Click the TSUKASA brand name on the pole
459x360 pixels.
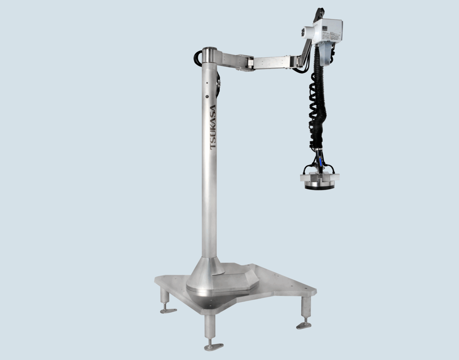coord(212,128)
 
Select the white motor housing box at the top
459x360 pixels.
coord(328,31)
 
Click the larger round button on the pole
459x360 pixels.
coord(207,96)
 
